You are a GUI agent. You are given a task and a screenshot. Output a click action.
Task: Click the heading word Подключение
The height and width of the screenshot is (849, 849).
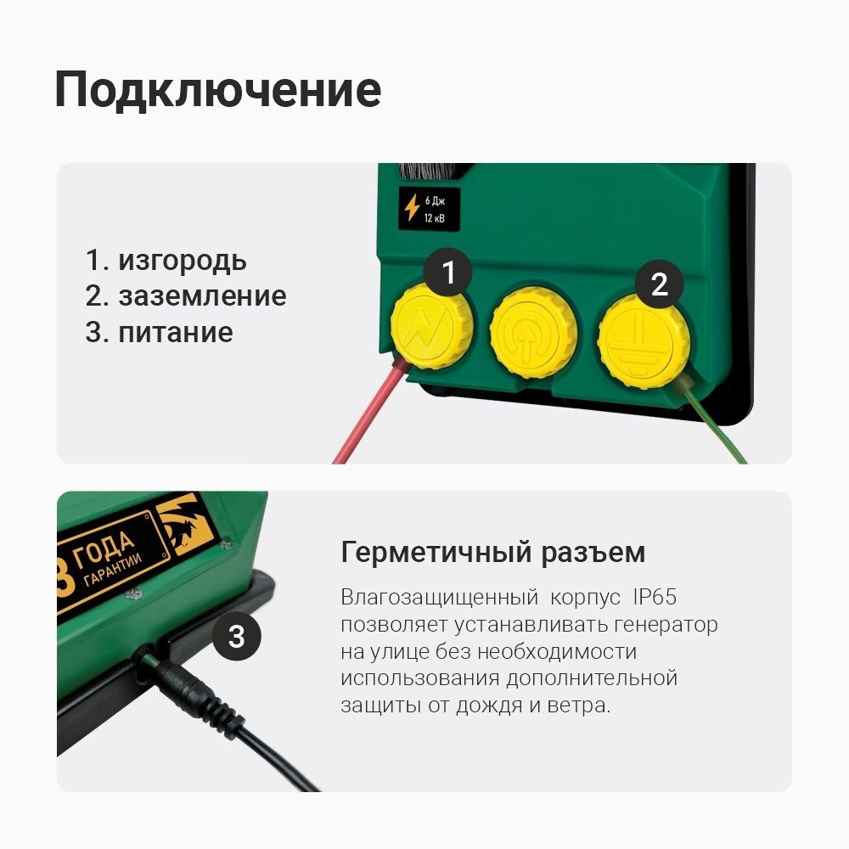217,91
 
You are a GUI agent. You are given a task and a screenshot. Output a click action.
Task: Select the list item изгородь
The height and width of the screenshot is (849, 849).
183,260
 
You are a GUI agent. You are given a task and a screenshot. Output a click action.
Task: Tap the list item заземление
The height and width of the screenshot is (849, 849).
202,295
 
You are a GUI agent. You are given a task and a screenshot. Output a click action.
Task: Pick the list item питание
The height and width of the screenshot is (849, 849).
175,331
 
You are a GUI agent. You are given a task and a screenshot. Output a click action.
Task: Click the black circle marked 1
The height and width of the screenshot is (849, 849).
449,273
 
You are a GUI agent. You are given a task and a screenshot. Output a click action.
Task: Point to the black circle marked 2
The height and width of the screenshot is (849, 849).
660,284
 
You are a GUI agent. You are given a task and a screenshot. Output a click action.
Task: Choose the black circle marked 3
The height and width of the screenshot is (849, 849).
237,636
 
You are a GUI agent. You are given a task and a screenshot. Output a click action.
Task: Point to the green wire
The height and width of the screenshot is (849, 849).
718,424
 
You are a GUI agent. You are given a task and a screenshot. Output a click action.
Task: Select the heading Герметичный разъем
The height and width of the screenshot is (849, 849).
492,553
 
